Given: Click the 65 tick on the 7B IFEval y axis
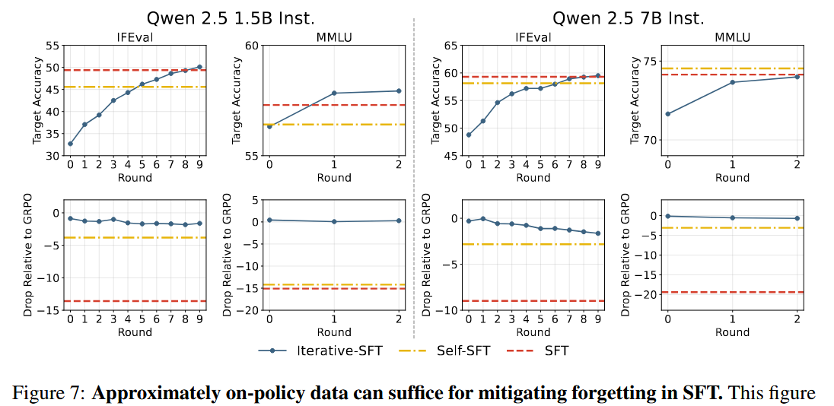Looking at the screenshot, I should point(449,46).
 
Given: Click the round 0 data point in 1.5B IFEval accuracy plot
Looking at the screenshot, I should point(70,144).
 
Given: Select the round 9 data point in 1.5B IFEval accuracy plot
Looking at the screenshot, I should point(200,67).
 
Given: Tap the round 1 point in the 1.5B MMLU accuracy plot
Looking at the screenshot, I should point(334,93).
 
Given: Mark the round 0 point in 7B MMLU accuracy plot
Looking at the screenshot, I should point(668,114).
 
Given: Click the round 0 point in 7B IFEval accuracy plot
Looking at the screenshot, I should point(469,135).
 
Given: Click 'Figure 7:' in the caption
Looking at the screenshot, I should point(49,393).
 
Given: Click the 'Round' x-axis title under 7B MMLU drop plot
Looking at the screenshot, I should point(732,331).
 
